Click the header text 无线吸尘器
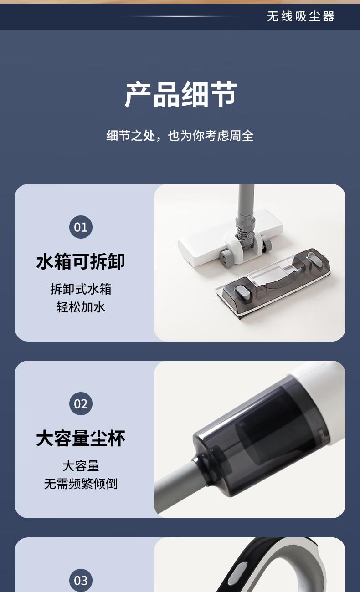(x=301, y=16)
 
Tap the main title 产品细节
(x=180, y=94)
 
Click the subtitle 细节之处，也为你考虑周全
(x=180, y=136)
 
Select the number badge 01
(x=81, y=227)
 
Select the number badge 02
(x=81, y=403)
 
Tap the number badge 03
(x=81, y=580)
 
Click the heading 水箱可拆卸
(x=81, y=261)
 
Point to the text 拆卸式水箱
(x=81, y=289)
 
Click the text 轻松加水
(x=81, y=307)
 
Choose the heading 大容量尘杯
(x=81, y=439)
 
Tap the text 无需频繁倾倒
(x=81, y=484)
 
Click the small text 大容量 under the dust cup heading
(x=81, y=466)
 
